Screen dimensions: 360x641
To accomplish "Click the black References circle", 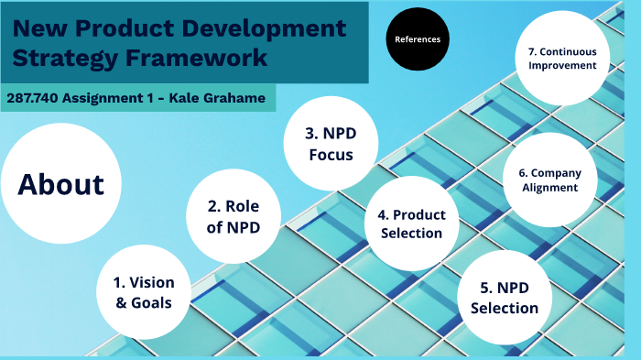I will [x=418, y=39].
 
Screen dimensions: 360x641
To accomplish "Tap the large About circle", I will [x=60, y=184].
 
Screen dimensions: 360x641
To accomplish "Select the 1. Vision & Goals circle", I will [x=143, y=291].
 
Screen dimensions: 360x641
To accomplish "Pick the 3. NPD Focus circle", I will [x=331, y=145].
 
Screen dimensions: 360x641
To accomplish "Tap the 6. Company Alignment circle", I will [x=549, y=180].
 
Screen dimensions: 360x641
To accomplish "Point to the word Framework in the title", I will [x=202, y=59].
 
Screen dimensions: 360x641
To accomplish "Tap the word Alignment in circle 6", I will [x=549, y=188].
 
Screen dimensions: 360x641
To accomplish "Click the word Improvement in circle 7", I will [x=561, y=66].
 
